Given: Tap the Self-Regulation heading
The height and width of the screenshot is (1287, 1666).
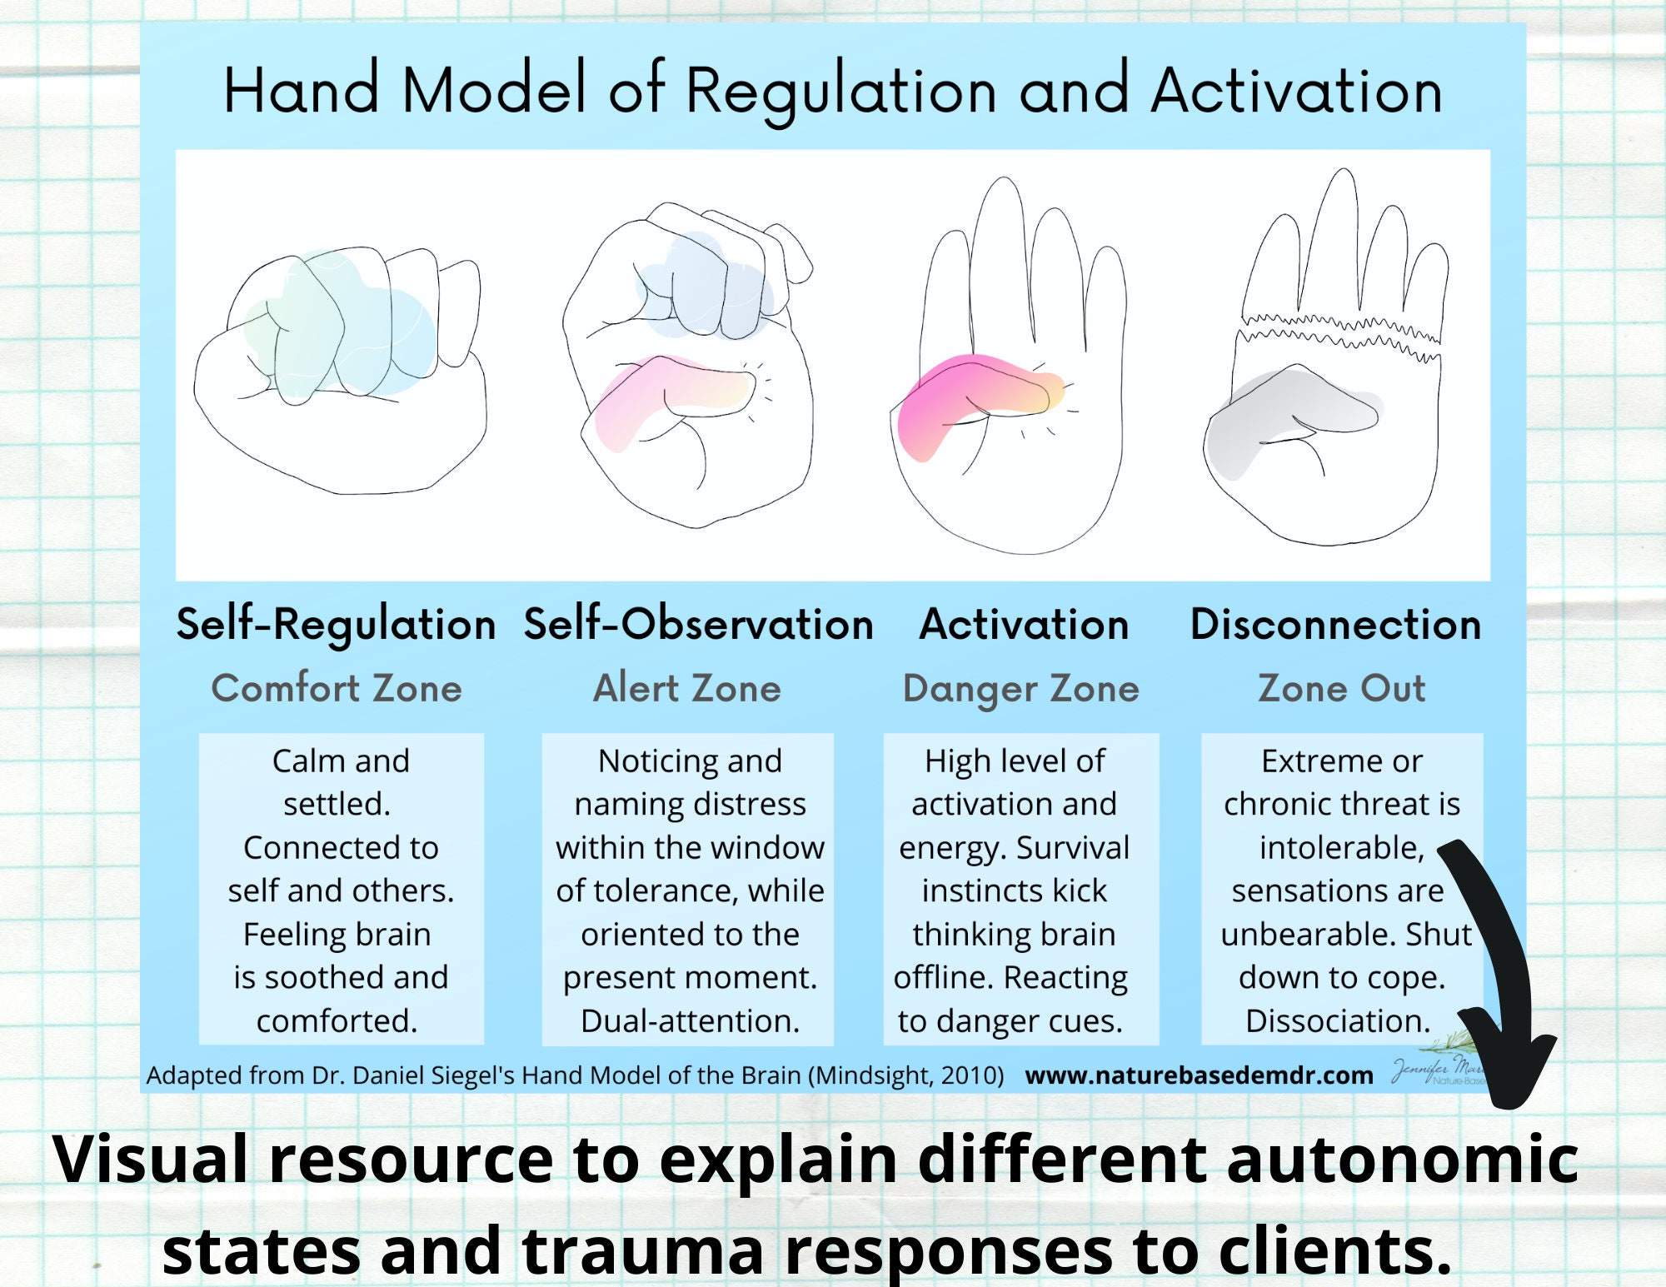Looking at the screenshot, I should tap(336, 624).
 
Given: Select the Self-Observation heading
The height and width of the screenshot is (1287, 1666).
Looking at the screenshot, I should tap(698, 624).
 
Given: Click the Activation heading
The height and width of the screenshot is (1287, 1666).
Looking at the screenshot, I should tap(1024, 624).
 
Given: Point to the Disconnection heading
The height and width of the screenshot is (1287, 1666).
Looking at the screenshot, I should tap(1335, 624).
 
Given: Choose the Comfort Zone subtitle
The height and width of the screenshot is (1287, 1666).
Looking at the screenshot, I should tap(337, 689).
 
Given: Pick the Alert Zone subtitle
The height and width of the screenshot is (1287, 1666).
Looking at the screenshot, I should tap(687, 689).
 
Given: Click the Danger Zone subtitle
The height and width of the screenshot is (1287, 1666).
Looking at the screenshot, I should tap(1021, 689).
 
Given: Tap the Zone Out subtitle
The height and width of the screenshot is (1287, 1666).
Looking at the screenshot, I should tap(1341, 689).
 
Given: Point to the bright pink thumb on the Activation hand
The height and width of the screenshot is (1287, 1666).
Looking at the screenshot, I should tap(966, 396).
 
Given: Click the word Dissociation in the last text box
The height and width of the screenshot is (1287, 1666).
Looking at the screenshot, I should tap(1337, 1020).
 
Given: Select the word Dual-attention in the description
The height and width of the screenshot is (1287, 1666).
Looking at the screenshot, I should tap(690, 1020).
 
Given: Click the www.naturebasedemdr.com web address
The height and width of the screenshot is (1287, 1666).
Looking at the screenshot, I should tap(1199, 1075).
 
